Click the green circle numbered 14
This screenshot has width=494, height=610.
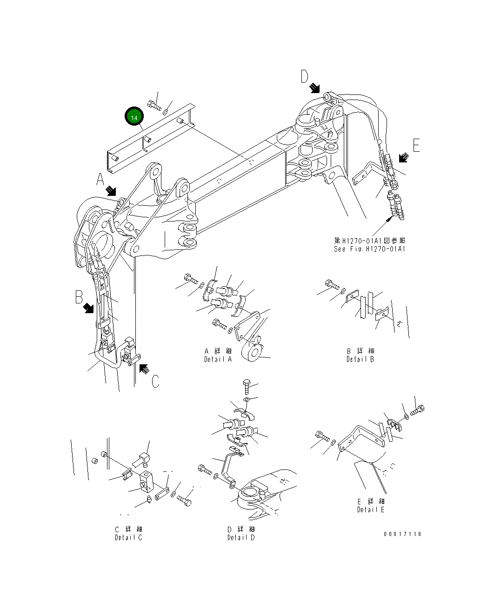click(134, 117)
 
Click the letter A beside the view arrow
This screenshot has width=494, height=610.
click(101, 179)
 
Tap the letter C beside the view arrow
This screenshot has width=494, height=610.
click(155, 381)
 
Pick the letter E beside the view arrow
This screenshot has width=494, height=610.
click(415, 146)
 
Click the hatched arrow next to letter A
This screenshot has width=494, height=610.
click(112, 190)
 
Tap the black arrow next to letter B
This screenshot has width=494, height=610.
click(88, 308)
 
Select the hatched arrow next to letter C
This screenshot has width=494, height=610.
click(144, 369)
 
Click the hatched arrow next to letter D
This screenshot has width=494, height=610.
click(315, 87)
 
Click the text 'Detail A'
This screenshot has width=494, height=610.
click(218, 359)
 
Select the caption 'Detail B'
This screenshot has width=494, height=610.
click(360, 359)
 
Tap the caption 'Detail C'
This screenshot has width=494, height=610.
click(128, 537)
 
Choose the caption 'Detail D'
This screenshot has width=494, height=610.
click(241, 537)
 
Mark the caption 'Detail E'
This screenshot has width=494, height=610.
click(371, 509)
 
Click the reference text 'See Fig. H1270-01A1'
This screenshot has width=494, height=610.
click(370, 249)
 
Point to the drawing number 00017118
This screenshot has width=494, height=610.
click(402, 534)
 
